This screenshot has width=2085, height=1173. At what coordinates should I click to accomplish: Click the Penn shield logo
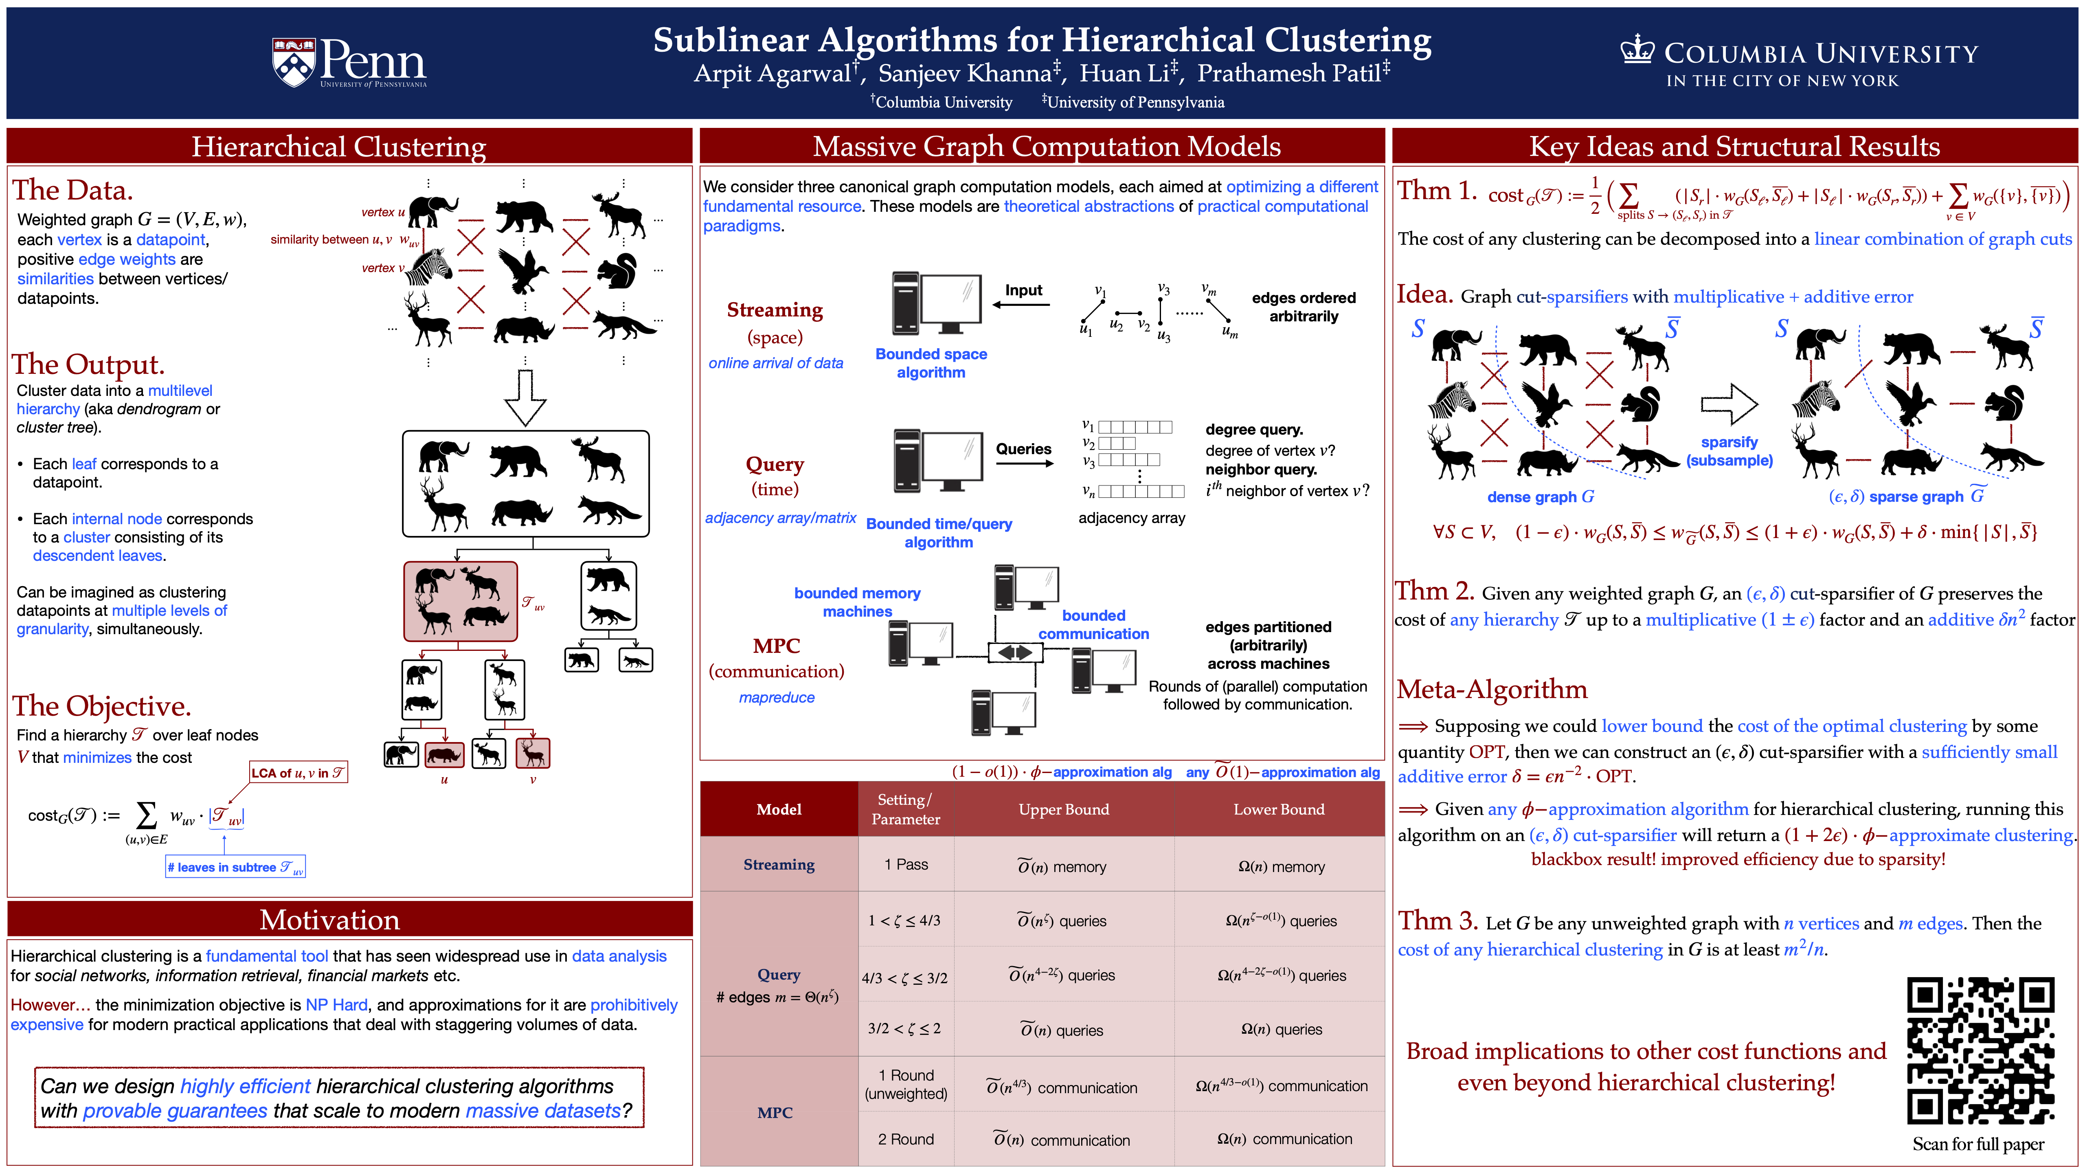pyautogui.click(x=293, y=62)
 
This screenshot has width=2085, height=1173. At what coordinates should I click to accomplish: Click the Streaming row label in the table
pyautogui.click(x=779, y=865)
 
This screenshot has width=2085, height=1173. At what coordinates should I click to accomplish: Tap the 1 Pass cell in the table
pyautogui.click(x=906, y=865)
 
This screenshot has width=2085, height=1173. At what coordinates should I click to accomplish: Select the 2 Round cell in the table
pyautogui.click(x=906, y=1139)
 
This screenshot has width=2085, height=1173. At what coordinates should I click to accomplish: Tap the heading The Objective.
pyautogui.click(x=102, y=706)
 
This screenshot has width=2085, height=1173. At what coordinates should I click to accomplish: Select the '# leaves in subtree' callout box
pyautogui.click(x=235, y=867)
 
